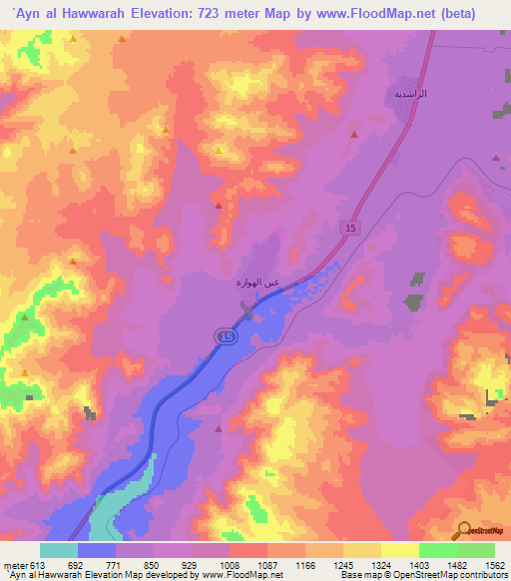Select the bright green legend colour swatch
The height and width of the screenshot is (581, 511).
click(x=438, y=550)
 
